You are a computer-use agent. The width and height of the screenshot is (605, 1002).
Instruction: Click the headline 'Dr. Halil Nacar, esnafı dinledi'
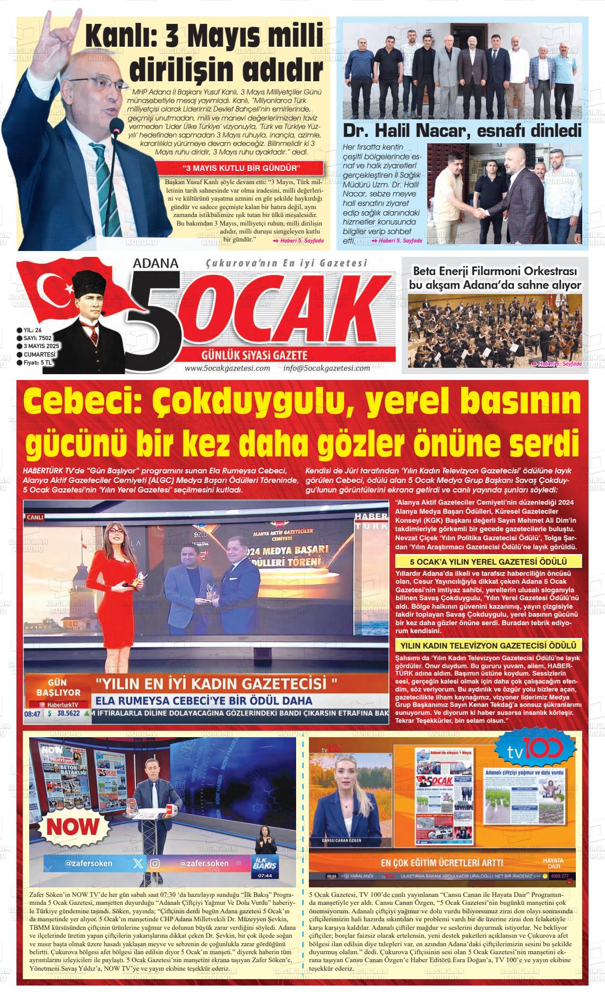pyautogui.click(x=462, y=131)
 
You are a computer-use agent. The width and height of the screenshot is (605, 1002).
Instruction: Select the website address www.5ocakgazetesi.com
pyautogui.click(x=227, y=368)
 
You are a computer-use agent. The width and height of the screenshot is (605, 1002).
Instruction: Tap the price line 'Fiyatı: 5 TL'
pyautogui.click(x=36, y=363)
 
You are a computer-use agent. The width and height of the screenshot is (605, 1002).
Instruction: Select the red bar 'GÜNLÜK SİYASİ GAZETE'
pyautogui.click(x=254, y=355)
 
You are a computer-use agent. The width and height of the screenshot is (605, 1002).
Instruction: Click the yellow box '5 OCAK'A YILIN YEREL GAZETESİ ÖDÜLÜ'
pyautogui.click(x=488, y=562)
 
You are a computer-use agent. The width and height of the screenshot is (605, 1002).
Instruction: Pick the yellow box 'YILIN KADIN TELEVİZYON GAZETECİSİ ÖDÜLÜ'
pyautogui.click(x=488, y=646)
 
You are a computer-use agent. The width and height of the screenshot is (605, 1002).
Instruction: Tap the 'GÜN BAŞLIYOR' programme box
pyautogui.click(x=57, y=688)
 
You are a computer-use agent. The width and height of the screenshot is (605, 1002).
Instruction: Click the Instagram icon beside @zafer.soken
pyautogui.click(x=154, y=863)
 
